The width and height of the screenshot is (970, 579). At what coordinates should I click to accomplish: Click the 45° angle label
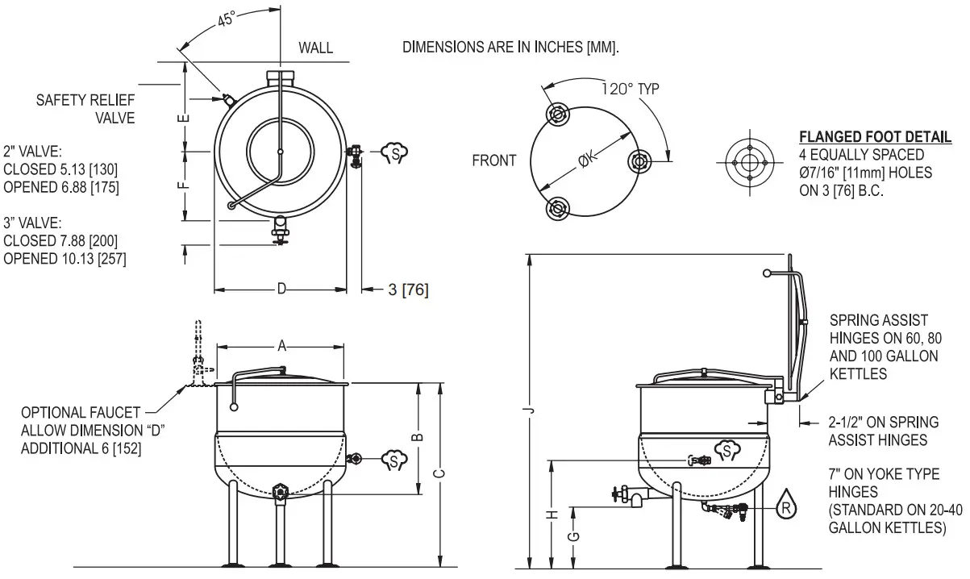pyautogui.click(x=226, y=20)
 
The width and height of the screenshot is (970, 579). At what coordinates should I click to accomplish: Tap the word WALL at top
pyautogui.click(x=315, y=48)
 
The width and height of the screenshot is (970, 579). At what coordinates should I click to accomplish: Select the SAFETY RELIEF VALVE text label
pyautogui.click(x=85, y=109)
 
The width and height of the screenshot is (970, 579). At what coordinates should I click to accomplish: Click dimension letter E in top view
pyautogui.click(x=185, y=118)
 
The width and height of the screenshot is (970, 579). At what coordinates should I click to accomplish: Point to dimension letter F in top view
pyautogui.click(x=185, y=185)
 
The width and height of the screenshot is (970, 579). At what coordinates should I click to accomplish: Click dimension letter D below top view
pyautogui.click(x=281, y=289)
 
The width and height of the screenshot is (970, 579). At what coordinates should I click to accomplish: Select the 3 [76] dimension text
pyautogui.click(x=407, y=289)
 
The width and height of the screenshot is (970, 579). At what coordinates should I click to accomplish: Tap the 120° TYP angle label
pyautogui.click(x=630, y=89)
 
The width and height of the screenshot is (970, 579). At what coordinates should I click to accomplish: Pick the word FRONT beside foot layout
pyautogui.click(x=493, y=160)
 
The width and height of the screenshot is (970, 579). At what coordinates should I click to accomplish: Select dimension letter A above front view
pyautogui.click(x=281, y=346)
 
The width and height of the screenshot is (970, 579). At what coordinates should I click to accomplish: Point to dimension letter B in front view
pyautogui.click(x=417, y=437)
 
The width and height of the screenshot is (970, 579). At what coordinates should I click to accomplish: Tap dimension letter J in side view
pyautogui.click(x=529, y=411)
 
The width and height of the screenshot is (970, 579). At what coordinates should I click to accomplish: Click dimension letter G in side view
pyautogui.click(x=572, y=537)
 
